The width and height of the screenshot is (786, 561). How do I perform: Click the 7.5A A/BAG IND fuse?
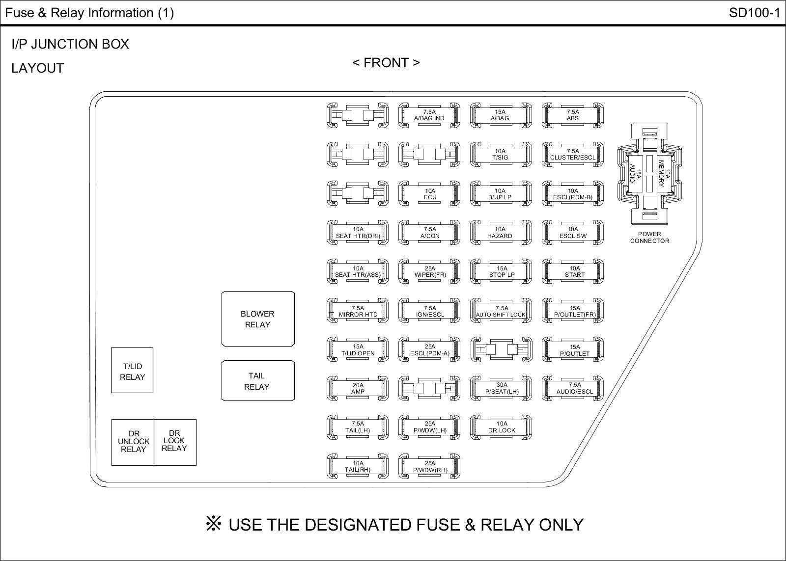click(x=429, y=115)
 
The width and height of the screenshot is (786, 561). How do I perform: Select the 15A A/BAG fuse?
click(x=501, y=115)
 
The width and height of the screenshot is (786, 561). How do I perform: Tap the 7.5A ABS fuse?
click(x=573, y=115)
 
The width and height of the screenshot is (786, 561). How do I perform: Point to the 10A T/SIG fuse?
click(x=501, y=155)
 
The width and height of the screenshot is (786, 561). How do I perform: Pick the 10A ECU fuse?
click(x=430, y=194)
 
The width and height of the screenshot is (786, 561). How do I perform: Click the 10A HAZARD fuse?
click(x=501, y=233)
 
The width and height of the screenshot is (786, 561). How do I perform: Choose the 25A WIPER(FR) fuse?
click(x=430, y=272)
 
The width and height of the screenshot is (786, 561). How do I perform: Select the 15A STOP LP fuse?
click(x=502, y=272)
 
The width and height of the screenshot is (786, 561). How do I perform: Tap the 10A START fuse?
click(x=574, y=272)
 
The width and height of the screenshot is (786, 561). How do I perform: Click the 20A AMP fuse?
click(x=358, y=389)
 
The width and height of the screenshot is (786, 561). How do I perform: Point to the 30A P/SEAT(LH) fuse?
click(x=502, y=389)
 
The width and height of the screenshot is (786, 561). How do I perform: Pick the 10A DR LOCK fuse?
click(x=502, y=427)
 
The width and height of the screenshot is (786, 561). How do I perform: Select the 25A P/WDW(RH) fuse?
click(x=430, y=467)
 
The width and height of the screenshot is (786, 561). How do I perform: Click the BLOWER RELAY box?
click(x=258, y=319)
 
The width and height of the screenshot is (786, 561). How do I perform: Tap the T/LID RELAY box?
click(x=132, y=371)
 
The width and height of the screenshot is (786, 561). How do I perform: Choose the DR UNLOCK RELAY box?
click(x=133, y=442)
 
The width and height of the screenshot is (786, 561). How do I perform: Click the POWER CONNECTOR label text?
click(x=649, y=238)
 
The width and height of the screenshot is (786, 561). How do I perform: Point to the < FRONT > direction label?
click(x=386, y=63)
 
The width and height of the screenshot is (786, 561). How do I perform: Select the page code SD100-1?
click(x=754, y=13)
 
